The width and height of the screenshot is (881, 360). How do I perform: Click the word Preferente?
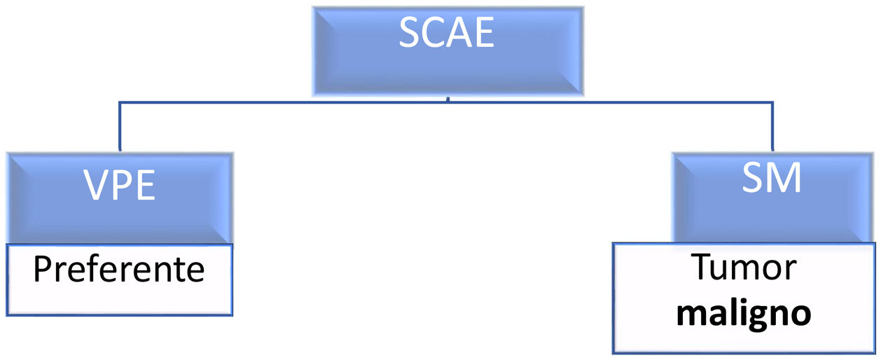118,270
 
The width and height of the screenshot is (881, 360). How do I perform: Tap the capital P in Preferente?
41,270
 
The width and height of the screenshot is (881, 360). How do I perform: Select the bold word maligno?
743,314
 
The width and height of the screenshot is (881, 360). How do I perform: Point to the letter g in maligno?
761,317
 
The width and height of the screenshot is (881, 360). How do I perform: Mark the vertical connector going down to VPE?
120,127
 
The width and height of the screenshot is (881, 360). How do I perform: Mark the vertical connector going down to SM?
771,127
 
